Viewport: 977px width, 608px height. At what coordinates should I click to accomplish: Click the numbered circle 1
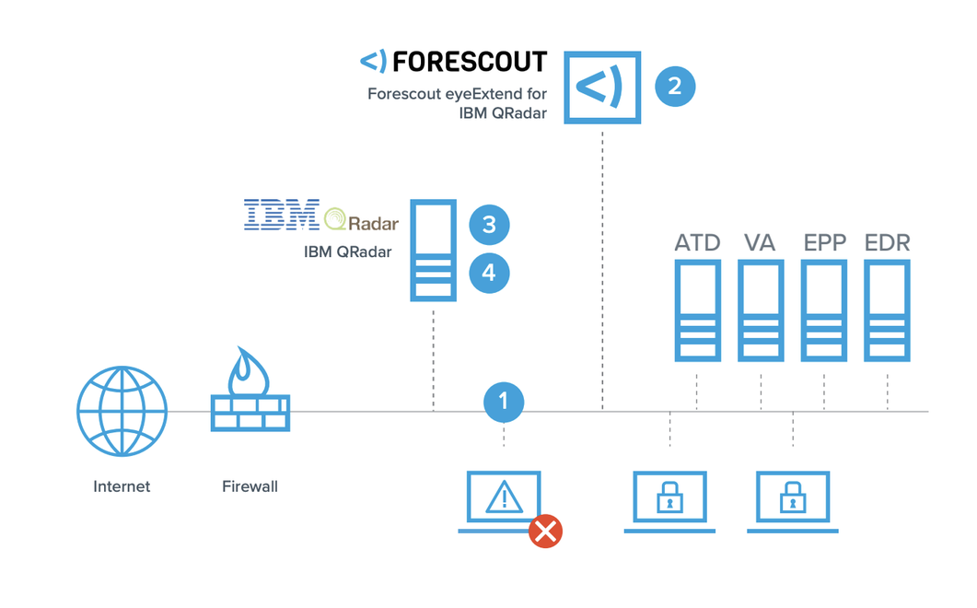coord(503,401)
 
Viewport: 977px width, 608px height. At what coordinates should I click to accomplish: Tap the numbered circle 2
coord(674,86)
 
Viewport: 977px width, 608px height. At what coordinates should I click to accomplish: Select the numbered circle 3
coord(488,224)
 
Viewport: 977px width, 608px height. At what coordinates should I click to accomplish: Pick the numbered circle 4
coord(488,273)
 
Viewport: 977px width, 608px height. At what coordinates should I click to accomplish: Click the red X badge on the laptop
coord(545,531)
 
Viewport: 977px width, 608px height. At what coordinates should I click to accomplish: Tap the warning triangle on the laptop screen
coord(504,498)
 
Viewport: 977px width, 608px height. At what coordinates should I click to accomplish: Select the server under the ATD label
coord(697,310)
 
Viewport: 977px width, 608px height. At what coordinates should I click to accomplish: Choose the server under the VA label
coord(761,310)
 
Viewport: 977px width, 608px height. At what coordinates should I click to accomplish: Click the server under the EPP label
coord(824,310)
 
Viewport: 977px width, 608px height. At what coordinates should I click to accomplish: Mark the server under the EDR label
coord(887,310)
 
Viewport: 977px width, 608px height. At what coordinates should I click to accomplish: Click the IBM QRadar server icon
coord(433,250)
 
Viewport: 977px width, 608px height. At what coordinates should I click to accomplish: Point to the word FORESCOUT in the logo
coord(469,63)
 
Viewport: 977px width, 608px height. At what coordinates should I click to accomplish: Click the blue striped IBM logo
coord(281,214)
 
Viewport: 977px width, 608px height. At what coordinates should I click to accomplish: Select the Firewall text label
coord(250,485)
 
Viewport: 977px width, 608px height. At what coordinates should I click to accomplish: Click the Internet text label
coord(122,486)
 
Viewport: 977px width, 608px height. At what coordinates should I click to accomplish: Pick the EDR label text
coord(887,243)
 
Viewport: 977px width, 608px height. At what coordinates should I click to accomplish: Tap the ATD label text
coord(697,243)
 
